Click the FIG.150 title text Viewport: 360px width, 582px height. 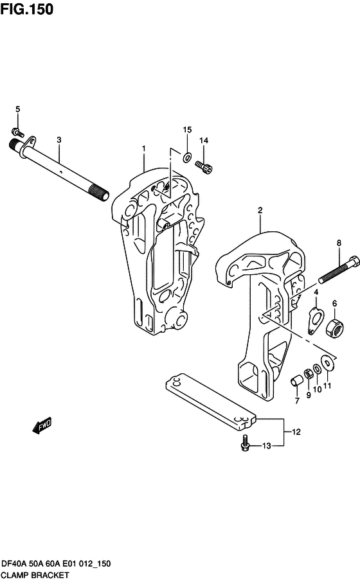(x=27, y=9)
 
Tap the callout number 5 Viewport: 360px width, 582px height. (x=17, y=109)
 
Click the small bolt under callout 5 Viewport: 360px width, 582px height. (x=18, y=132)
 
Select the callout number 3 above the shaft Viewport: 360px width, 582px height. (x=59, y=140)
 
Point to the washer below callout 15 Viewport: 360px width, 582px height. (x=186, y=157)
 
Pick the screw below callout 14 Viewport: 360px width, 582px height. (x=204, y=166)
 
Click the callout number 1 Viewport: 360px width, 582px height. (x=144, y=148)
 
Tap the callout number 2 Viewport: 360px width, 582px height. (x=260, y=210)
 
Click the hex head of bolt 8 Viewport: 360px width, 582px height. (x=354, y=261)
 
